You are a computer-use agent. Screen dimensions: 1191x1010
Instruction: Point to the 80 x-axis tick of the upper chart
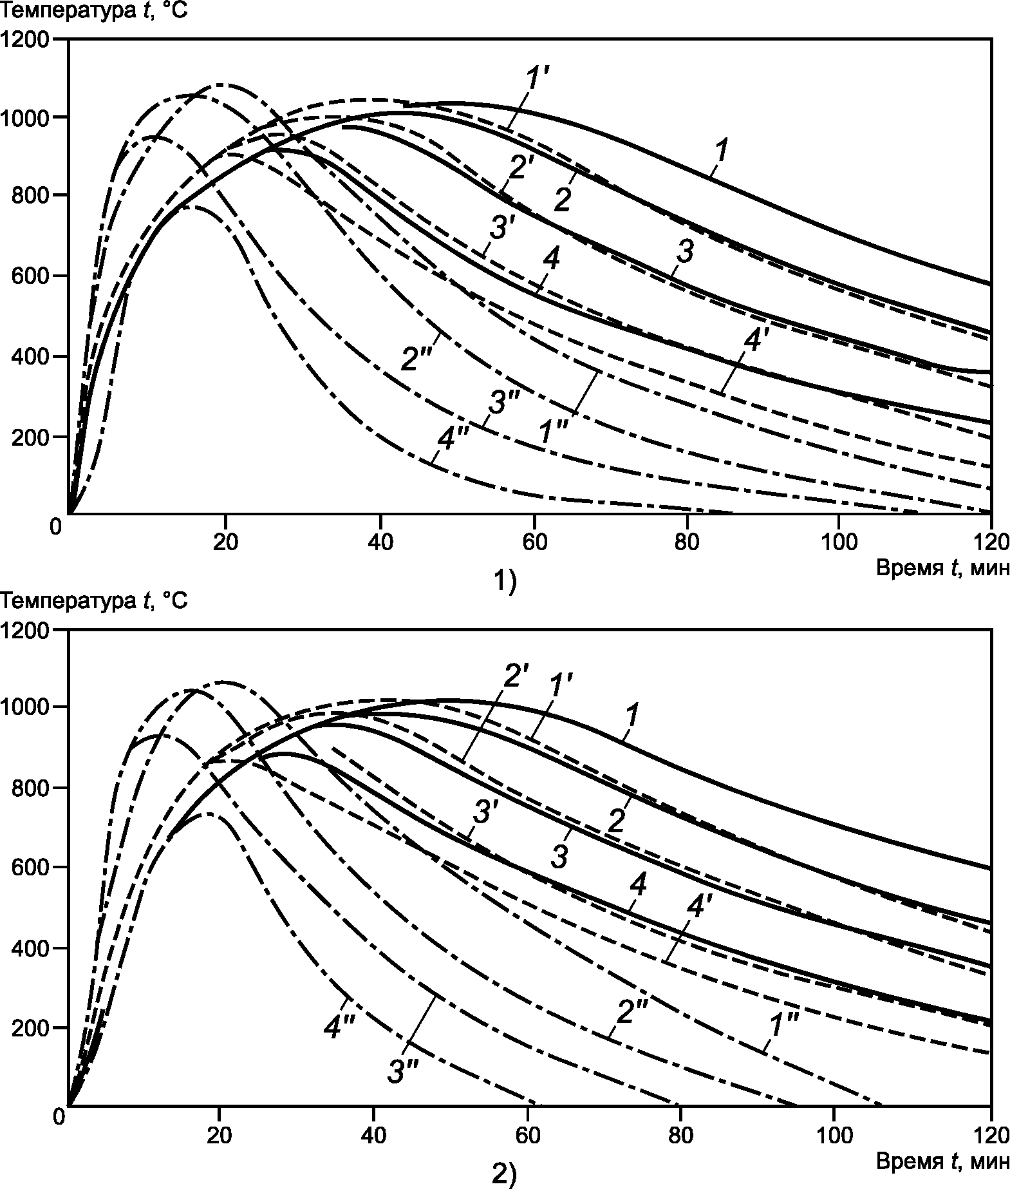click(687, 542)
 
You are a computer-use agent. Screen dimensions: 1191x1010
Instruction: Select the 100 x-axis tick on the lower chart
click(834, 1133)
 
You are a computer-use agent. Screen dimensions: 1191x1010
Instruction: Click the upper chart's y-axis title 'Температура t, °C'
click(95, 11)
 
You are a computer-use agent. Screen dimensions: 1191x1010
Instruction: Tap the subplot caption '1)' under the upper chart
click(504, 583)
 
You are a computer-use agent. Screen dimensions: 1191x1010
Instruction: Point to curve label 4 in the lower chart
click(637, 886)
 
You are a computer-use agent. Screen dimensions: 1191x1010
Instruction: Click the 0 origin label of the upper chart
click(57, 526)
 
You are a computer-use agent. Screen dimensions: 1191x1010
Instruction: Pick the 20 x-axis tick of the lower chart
click(219, 1133)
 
